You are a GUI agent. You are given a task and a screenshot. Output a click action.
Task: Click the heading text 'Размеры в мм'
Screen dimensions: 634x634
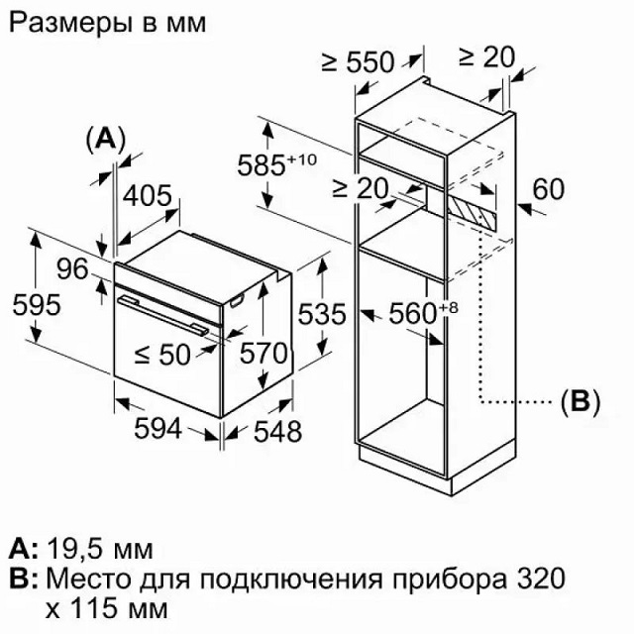(x=108, y=23)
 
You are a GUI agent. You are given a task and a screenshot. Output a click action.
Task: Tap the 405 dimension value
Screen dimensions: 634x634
(x=148, y=196)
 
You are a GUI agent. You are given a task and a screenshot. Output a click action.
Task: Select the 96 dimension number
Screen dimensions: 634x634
(x=71, y=268)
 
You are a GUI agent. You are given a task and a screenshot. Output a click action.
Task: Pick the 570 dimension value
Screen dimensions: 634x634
(x=264, y=353)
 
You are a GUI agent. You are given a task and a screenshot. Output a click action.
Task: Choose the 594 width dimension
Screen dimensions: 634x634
(x=158, y=429)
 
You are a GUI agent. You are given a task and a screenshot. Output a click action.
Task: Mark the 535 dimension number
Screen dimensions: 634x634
(x=322, y=315)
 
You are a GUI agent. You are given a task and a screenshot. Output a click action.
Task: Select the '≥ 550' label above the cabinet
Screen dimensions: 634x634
(x=358, y=62)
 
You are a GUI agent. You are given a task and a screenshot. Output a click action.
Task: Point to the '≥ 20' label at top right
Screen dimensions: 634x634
(x=486, y=56)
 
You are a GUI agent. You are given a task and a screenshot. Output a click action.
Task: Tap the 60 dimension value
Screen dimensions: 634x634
(x=554, y=189)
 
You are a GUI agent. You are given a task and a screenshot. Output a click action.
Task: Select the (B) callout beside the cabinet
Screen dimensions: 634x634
(x=581, y=402)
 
